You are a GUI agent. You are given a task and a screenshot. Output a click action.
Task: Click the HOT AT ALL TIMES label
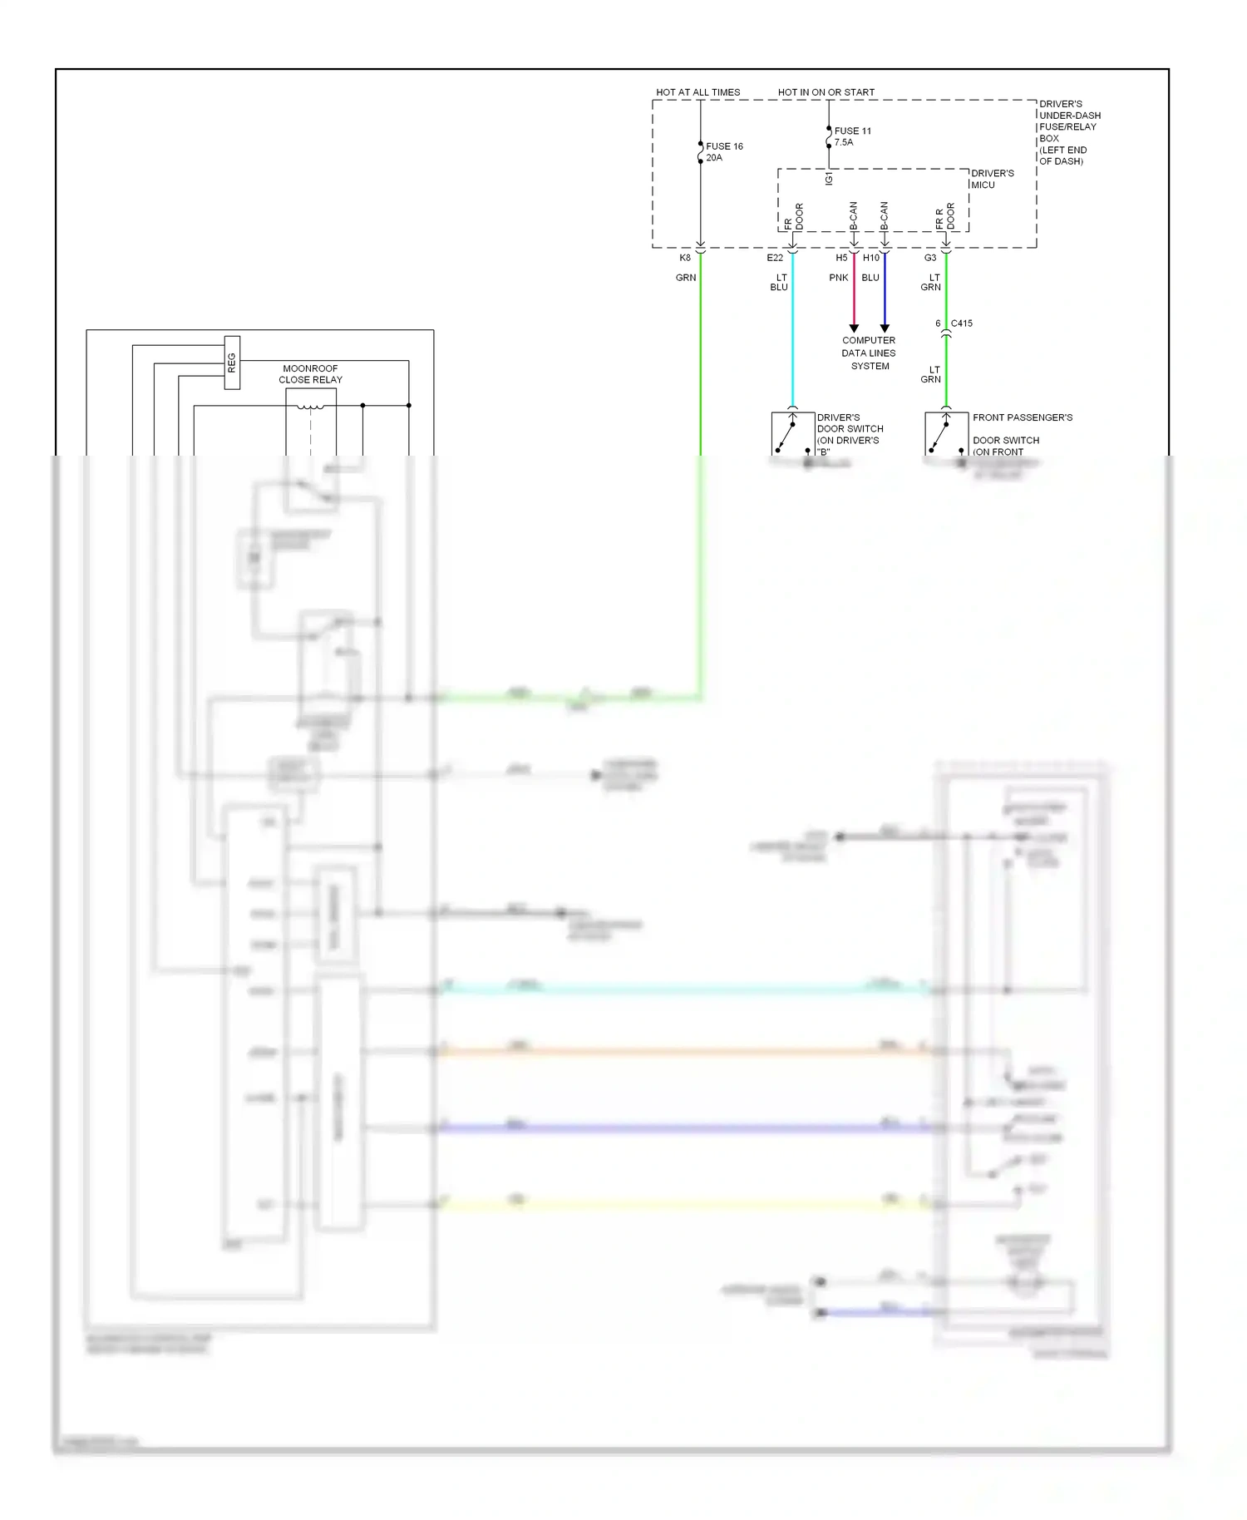pos(697,92)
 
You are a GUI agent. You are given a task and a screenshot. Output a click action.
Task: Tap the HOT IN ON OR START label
pos(826,92)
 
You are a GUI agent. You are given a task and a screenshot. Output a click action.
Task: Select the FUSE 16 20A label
pos(724,152)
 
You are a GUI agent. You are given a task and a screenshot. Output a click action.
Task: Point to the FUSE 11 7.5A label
pos(852,136)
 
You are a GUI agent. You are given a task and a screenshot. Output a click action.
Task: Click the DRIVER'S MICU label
pos(992,179)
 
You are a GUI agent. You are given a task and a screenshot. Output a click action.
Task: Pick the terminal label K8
pos(685,258)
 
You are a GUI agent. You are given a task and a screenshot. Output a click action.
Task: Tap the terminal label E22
pos(775,258)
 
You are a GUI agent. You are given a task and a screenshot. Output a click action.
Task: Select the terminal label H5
pos(841,258)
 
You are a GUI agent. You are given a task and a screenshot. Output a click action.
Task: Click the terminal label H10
pos(870,258)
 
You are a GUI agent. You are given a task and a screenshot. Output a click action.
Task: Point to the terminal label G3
pos(930,258)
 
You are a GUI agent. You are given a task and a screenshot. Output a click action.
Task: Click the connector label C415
pos(961,323)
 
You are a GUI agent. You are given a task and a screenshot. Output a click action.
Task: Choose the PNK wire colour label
pos(838,278)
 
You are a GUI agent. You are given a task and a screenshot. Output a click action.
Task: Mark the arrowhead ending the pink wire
pos(854,328)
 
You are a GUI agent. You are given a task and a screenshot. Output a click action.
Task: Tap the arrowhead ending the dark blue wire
pos(885,328)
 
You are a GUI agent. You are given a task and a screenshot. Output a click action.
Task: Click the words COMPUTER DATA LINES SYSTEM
pos(869,353)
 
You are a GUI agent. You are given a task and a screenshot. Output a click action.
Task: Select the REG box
pos(232,363)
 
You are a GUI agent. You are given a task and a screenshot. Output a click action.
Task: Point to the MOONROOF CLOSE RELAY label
pos(310,374)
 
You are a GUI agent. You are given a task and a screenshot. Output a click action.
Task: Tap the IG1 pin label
pos(829,179)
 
